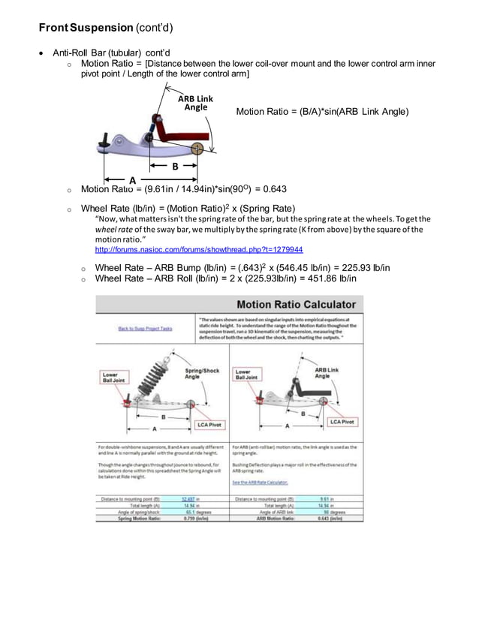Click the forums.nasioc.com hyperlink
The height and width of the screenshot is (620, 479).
click(198, 248)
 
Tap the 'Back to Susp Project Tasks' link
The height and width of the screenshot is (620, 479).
click(145, 328)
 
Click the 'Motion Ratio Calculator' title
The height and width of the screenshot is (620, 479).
click(296, 305)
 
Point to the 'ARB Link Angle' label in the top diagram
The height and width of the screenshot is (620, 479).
click(195, 103)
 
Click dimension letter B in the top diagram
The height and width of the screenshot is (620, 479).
click(175, 166)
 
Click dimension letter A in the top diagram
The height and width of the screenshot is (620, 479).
click(133, 180)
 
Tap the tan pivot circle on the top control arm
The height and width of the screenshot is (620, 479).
click(197, 148)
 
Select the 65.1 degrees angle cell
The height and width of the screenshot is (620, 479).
click(191, 511)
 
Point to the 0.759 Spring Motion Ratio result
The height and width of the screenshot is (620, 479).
click(191, 517)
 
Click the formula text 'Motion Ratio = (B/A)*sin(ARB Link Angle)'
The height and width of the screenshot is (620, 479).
click(322, 112)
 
